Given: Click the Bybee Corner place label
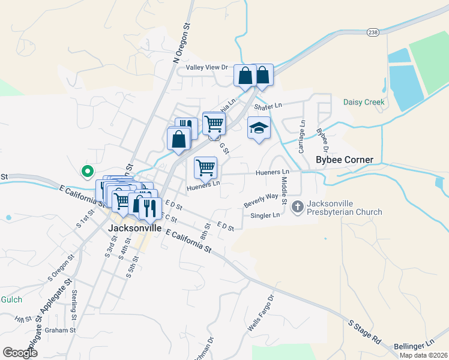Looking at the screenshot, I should pyautogui.click(x=345, y=160).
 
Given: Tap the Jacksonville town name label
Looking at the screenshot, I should pyautogui.click(x=135, y=229).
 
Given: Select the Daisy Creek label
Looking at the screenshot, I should pyautogui.click(x=363, y=102).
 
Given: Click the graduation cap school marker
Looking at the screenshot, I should pyautogui.click(x=259, y=128).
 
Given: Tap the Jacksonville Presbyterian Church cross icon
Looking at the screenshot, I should pyautogui.click(x=297, y=207).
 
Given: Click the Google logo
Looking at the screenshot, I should pyautogui.click(x=20, y=353).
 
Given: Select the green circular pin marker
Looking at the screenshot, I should pyautogui.click(x=87, y=172).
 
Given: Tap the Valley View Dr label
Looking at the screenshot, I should pyautogui.click(x=208, y=68).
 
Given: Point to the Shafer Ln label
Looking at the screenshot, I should pyautogui.click(x=268, y=106).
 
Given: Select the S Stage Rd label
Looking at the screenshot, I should pyautogui.click(x=364, y=331).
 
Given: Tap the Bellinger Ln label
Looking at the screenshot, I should pyautogui.click(x=414, y=346).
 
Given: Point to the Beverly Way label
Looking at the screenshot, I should pyautogui.click(x=261, y=200).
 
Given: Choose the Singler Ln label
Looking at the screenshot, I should pyautogui.click(x=265, y=215).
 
